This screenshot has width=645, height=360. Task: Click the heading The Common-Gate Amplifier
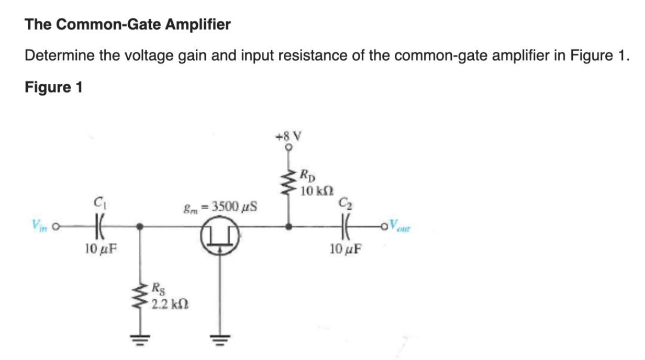click(128, 24)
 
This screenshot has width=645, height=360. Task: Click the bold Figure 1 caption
click(53, 87)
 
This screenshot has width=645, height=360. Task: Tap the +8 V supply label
click(288, 137)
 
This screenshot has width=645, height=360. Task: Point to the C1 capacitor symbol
click(97, 227)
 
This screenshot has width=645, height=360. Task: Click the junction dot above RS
click(140, 227)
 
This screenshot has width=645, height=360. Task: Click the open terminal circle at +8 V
click(288, 148)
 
